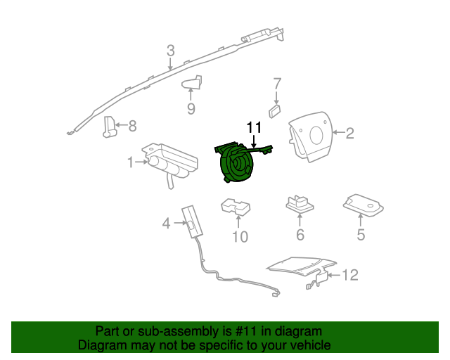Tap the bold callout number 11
(x=253, y=127)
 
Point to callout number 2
(x=349, y=132)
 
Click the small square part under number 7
(x=274, y=110)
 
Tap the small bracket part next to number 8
(x=110, y=127)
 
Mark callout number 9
(x=191, y=108)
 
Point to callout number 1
(x=131, y=162)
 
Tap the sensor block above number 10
(x=236, y=207)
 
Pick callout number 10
(x=240, y=237)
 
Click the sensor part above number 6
(x=299, y=205)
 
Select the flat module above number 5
(x=363, y=205)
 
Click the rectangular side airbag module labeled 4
(x=190, y=221)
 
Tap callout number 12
(x=349, y=275)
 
